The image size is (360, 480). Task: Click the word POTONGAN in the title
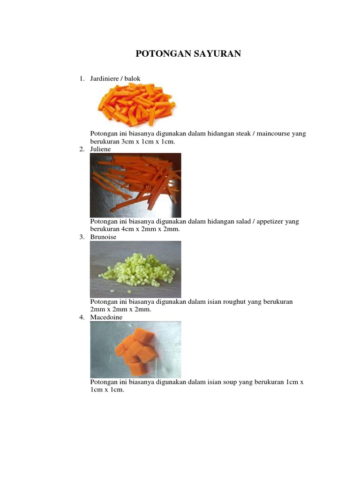pyautogui.click(x=162, y=53)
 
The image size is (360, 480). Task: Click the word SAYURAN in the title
pyautogui.click(x=216, y=53)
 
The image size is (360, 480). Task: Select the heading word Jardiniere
pyautogui.click(x=105, y=79)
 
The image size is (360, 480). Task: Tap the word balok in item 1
pyautogui.click(x=132, y=79)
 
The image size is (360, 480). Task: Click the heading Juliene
pyautogui.click(x=100, y=149)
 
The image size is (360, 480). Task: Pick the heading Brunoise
pyautogui.click(x=103, y=237)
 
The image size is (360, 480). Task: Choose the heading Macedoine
pyautogui.click(x=106, y=317)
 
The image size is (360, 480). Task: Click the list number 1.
pyautogui.click(x=82, y=79)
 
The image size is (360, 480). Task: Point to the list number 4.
pyautogui.click(x=82, y=317)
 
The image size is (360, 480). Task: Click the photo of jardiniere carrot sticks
pyautogui.click(x=136, y=105)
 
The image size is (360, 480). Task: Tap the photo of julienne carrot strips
pyautogui.click(x=135, y=185)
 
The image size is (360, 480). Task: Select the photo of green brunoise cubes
pyautogui.click(x=135, y=270)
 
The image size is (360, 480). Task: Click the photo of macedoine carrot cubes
pyautogui.click(x=135, y=350)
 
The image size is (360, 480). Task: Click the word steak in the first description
pyautogui.click(x=243, y=134)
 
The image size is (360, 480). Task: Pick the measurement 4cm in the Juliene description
pyautogui.click(x=127, y=229)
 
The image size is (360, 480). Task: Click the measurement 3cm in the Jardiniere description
pyautogui.click(x=127, y=142)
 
